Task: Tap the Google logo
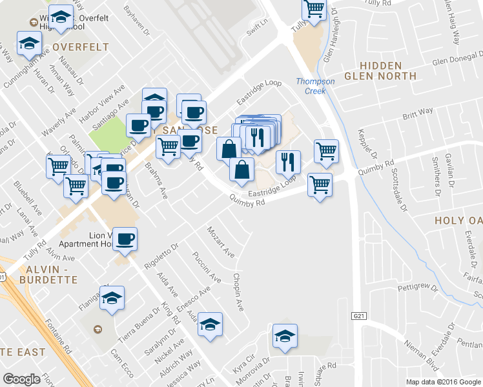pyautogui.click(x=22, y=379)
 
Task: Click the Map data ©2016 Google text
pyautogui.click(x=443, y=382)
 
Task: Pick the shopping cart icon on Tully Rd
pyautogui.click(x=314, y=9)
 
